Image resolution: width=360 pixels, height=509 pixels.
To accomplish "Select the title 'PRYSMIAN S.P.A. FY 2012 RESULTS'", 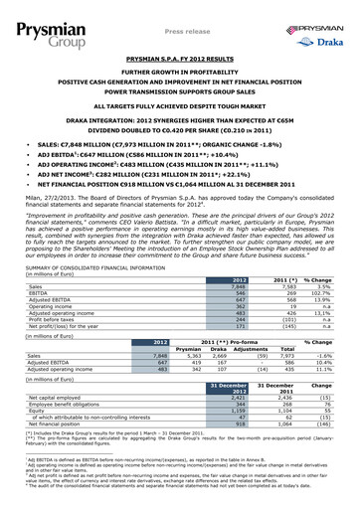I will [179, 61].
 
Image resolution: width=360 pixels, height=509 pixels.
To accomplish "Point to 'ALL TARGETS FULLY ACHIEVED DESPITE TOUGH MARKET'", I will [179, 103].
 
